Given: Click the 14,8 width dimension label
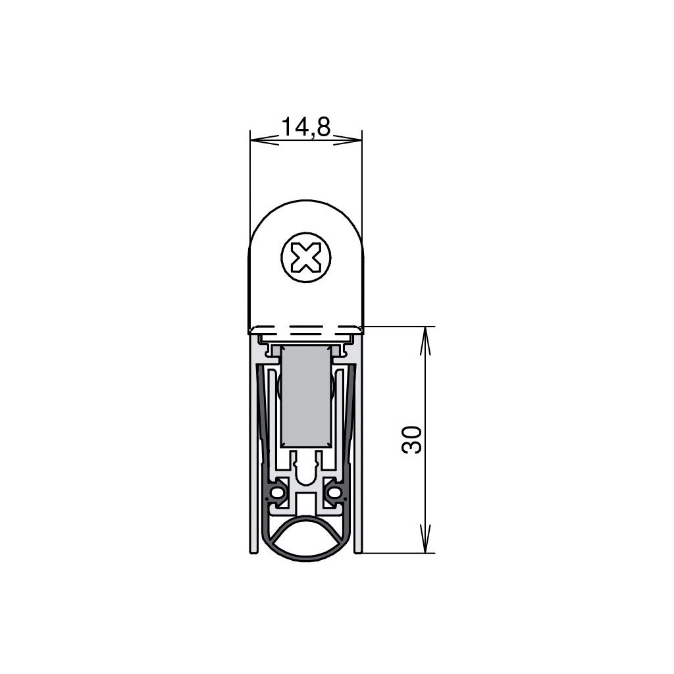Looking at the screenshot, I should point(305,126).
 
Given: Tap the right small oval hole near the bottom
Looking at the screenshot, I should point(334,492).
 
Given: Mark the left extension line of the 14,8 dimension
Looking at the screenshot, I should point(250,184).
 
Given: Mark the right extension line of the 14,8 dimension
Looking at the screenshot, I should point(362,184).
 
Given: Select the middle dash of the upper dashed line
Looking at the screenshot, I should point(305,327).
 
